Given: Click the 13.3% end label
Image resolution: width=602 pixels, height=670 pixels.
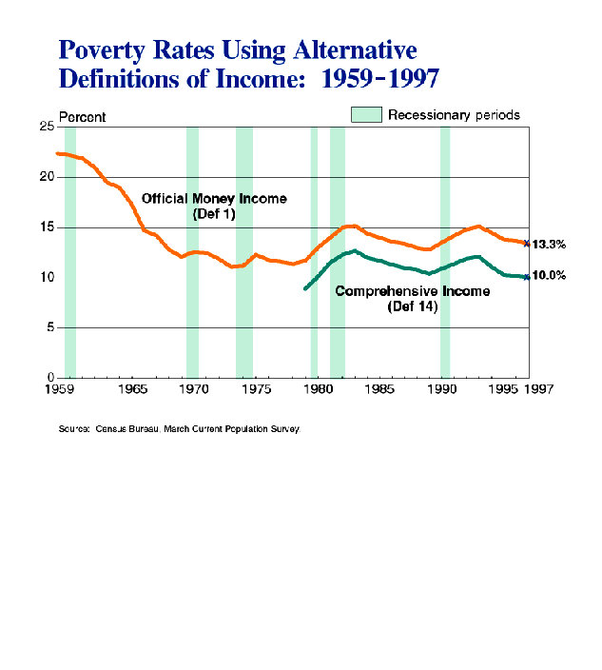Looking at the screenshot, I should pyautogui.click(x=550, y=245).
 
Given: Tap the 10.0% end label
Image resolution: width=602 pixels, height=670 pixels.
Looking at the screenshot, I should pyautogui.click(x=550, y=276).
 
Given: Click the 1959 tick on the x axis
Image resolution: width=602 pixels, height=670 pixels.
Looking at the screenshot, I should pyautogui.click(x=59, y=389).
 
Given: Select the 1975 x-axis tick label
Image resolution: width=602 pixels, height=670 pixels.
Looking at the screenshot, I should pyautogui.click(x=256, y=389).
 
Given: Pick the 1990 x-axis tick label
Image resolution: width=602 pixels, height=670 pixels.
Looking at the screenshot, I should pyautogui.click(x=442, y=389).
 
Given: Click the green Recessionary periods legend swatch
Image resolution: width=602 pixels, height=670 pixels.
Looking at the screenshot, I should pyautogui.click(x=366, y=115).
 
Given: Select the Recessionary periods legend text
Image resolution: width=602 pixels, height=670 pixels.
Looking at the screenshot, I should pyautogui.click(x=454, y=115).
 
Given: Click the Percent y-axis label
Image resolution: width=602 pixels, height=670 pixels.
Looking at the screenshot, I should pyautogui.click(x=83, y=117).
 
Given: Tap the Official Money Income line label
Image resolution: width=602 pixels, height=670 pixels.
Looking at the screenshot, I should pyautogui.click(x=214, y=206).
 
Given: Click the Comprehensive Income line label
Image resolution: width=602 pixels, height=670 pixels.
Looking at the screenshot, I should pyautogui.click(x=412, y=298).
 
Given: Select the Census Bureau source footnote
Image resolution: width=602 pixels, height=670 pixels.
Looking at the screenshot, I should pyautogui.click(x=180, y=429).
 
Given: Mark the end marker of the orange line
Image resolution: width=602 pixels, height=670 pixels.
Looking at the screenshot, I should pyautogui.click(x=526, y=244).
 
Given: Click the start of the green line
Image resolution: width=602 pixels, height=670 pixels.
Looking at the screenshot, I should pyautogui.click(x=304, y=287).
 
